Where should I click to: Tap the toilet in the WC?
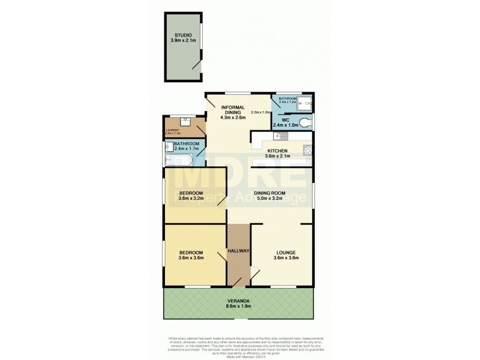coord(307,122)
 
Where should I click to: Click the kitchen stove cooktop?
coord(307,150)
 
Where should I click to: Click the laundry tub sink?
coord(185,122)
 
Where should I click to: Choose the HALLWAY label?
coord(238,251)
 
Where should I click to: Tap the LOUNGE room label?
coord(286,253)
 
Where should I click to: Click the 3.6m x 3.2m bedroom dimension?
coord(191,199)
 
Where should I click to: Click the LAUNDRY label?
coord(172,128)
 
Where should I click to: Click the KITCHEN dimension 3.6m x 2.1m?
coord(278,157)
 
